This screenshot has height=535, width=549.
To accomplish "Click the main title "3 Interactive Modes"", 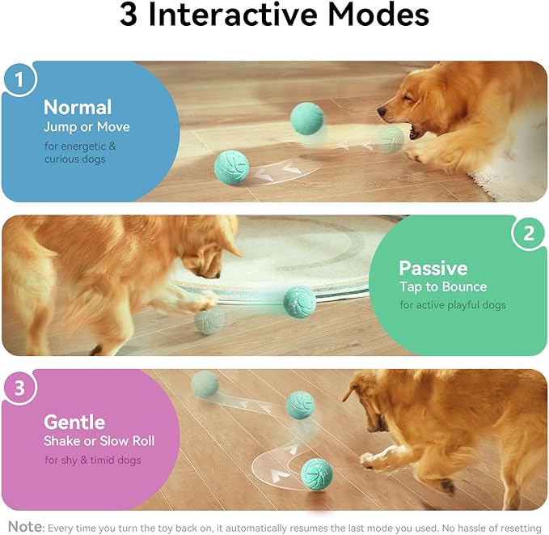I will pos(274,16).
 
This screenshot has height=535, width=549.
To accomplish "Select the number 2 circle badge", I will pos(528,234).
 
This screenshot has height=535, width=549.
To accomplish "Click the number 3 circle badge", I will pos(19,389).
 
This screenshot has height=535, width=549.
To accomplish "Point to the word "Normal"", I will pos(78,107).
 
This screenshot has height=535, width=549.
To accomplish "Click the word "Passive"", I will pos(433,268).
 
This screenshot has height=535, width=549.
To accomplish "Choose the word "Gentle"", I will pos(74,422).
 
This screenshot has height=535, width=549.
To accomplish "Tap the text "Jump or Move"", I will pos(87,127).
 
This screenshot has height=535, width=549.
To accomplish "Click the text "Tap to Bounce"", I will pos(443,287).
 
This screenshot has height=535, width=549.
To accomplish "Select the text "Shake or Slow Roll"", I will pos(99,441).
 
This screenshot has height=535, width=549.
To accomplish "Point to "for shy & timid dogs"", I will pos(93,461).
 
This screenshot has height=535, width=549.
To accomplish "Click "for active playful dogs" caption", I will pos(453,305).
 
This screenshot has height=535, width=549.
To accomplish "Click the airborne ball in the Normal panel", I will pos(307,118).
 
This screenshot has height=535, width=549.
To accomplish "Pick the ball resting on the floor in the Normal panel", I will pos(232,168).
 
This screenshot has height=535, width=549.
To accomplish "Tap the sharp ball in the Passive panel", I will pos(300,302).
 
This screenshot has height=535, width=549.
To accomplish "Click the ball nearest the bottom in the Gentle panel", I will pos(317,474).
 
